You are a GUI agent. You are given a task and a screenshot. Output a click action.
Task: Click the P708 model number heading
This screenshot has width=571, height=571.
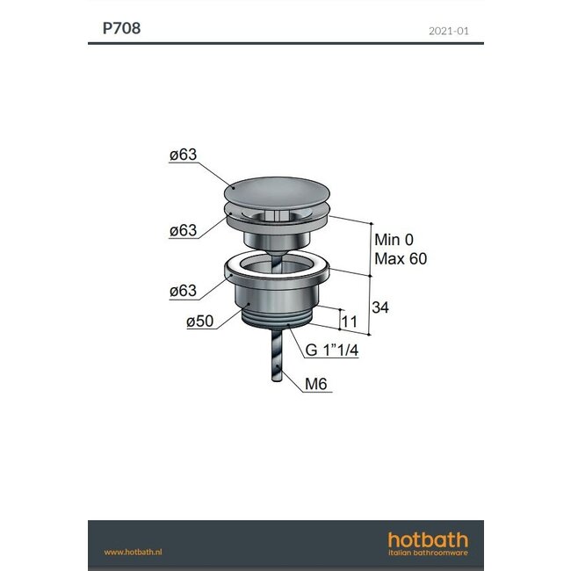tap(121, 27)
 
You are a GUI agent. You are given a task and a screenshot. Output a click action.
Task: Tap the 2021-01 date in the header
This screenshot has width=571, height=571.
tap(449, 30)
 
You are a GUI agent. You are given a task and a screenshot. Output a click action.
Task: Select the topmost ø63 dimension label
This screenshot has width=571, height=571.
tap(184, 155)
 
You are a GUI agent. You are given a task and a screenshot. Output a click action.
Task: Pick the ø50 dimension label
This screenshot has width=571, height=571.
tap(201, 322)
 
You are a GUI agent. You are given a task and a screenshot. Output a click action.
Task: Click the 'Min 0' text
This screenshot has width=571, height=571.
tap(394, 240)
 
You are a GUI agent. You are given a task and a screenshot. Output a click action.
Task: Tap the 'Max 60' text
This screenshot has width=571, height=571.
tap(401, 259)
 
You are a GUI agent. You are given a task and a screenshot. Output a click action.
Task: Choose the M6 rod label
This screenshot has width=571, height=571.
tap(317, 384)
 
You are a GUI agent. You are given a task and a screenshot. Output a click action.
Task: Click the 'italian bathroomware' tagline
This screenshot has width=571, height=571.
tap(429, 553)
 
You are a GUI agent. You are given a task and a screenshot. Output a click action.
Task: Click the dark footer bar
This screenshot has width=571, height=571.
tap(285, 545)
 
